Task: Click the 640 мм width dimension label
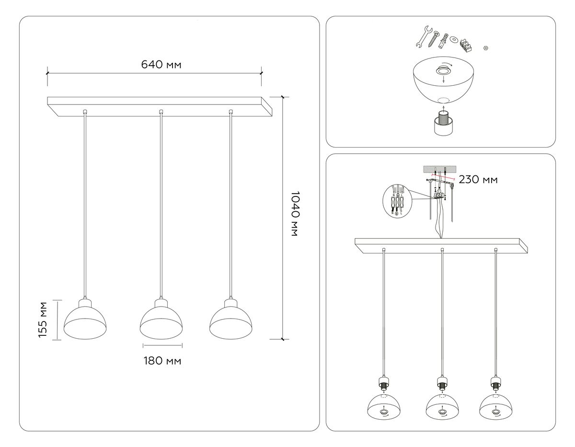pos(161,65)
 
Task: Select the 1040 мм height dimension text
pos(294,217)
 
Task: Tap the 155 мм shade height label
pos(43,320)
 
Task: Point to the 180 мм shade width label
pos(162,361)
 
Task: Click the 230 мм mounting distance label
pos(478,180)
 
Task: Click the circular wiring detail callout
pos(398,202)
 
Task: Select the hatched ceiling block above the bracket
pos(438,170)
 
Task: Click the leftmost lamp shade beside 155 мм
pos(85,320)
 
